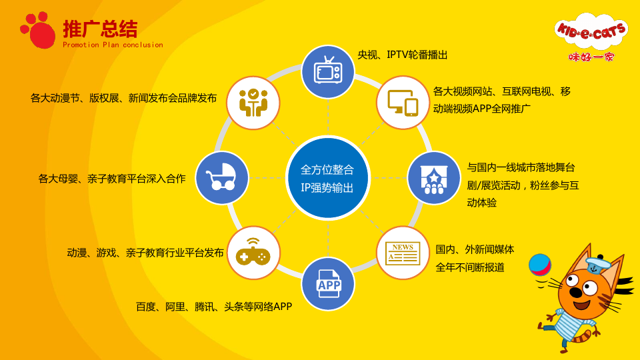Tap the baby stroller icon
[x=221, y=177]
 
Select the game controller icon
[x=253, y=252]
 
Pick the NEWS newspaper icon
[x=403, y=253]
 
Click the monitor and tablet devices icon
[x=403, y=103]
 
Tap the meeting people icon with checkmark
[x=253, y=103]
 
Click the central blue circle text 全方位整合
[x=327, y=169]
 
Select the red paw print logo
[x=38, y=30]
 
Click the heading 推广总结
[x=100, y=29]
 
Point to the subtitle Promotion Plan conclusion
[x=113, y=45]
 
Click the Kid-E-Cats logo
[x=591, y=37]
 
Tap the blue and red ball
[x=539, y=265]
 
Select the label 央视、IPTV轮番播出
[x=403, y=55]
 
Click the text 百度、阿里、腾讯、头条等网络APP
[x=214, y=307]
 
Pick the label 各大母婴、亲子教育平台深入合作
[x=112, y=179]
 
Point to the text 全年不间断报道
[x=470, y=267]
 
